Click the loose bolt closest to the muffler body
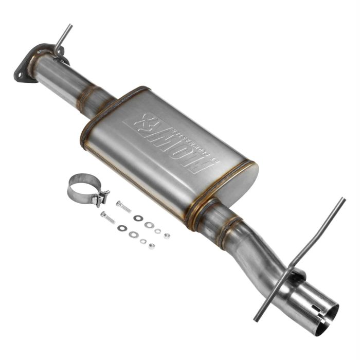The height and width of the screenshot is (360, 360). click(123, 206)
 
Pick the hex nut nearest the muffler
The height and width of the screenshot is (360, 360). click(166, 236)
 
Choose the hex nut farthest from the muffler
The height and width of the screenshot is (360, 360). click(152, 246)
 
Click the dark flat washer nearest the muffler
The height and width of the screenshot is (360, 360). click(137, 218)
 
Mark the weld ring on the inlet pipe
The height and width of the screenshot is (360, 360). click(87, 95)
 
